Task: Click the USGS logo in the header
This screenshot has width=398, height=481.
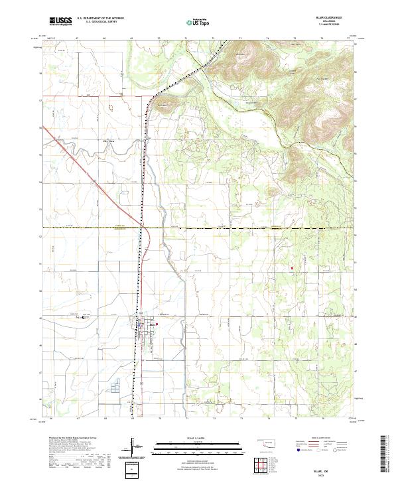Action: click(x=60, y=22)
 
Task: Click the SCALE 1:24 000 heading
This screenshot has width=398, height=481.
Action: click(x=199, y=439)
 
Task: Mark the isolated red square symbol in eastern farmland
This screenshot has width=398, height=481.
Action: click(x=291, y=268)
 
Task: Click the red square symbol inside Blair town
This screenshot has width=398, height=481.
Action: click(x=157, y=324)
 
